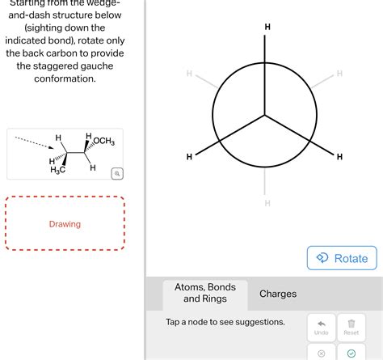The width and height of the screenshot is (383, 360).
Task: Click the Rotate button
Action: [x=343, y=258]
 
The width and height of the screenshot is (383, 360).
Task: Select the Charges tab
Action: [x=278, y=294]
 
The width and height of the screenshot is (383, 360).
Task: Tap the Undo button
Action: [x=321, y=326]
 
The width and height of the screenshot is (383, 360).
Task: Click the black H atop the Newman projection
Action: [x=267, y=28]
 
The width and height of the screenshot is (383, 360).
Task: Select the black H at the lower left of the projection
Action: [x=189, y=156]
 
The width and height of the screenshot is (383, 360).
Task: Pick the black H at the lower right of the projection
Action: [x=339, y=156]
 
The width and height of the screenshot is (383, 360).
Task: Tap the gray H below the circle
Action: [x=267, y=203]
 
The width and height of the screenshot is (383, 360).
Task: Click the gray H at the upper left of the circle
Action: [x=189, y=74]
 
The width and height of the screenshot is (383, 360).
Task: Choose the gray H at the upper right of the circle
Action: [x=339, y=74]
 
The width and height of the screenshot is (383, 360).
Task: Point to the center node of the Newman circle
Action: [x=264, y=115]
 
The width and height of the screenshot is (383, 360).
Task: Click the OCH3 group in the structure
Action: [x=103, y=142]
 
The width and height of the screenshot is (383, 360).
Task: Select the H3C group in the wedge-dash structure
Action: [x=58, y=169]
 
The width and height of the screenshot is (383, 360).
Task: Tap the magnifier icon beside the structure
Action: [x=117, y=173]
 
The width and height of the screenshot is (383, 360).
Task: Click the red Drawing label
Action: [x=65, y=224]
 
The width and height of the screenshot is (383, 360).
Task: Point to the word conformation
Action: [x=65, y=78]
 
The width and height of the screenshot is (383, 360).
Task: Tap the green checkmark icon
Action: [x=351, y=354]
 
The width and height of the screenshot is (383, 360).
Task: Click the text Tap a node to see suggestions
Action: [x=225, y=322]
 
